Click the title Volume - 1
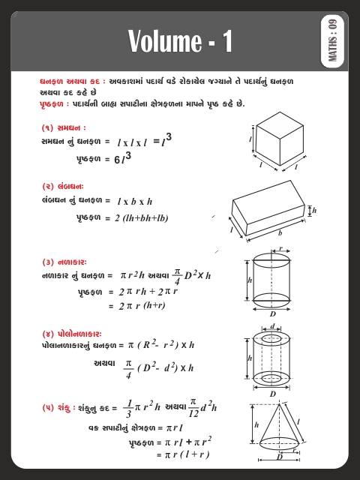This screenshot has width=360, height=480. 180,40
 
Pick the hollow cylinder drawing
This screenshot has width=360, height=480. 272,360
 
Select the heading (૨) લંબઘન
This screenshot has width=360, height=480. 63,186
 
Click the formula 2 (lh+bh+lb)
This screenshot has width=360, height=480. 142,218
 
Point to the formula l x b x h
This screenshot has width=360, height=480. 134,201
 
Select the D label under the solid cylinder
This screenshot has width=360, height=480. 272,315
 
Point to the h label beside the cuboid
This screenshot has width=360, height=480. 314,211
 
